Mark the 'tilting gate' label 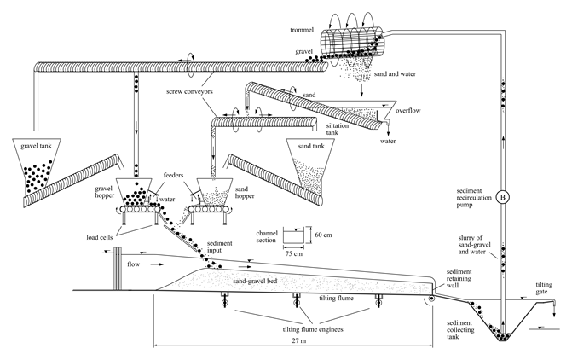549,287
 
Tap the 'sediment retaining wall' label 464,276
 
